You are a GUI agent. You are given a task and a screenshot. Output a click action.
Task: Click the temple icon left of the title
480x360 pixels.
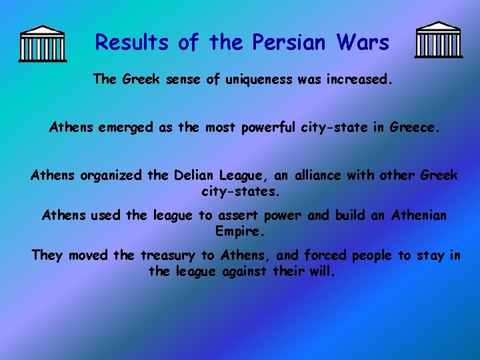point(43,43)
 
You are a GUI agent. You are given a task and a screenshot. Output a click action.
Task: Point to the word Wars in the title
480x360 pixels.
point(363,43)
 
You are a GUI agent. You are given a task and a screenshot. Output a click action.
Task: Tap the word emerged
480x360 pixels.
point(127,127)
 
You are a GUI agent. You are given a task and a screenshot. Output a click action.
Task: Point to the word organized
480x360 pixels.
point(111,175)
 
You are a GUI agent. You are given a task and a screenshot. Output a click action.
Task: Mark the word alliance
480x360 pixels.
point(311,175)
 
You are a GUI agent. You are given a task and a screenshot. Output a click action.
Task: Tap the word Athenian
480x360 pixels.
point(419,215)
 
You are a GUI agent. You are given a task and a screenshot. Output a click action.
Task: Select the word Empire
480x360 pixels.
point(241,231)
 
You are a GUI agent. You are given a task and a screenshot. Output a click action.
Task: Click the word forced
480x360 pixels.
point(326,255)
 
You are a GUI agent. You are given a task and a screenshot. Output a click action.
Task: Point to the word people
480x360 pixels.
point(373,255)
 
